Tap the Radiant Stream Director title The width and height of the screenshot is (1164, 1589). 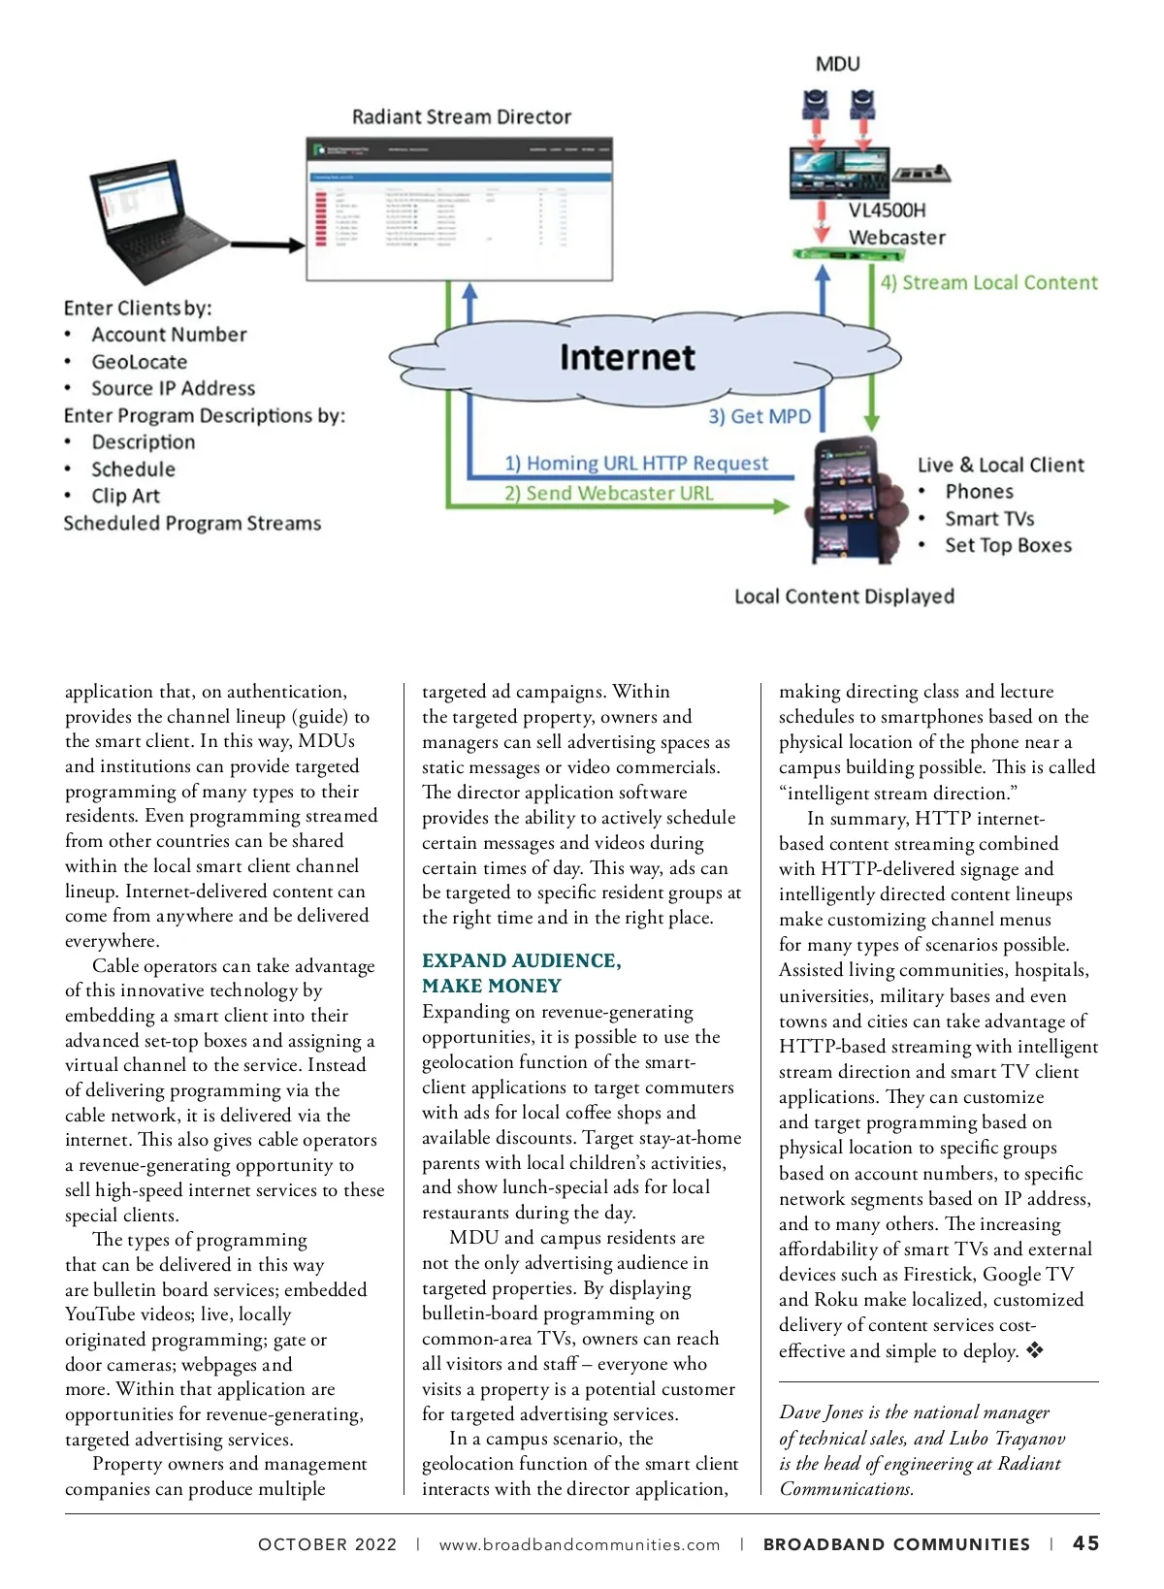(461, 117)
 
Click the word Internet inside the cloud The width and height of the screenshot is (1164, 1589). (627, 358)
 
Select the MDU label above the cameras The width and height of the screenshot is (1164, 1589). (837, 64)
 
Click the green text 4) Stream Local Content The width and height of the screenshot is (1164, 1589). (988, 283)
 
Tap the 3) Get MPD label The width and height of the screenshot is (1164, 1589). (759, 417)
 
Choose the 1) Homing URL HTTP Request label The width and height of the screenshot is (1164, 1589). (635, 464)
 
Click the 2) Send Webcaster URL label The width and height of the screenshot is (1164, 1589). (608, 494)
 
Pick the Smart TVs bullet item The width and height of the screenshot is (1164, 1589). (989, 519)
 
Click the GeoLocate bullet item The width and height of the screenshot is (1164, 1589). (139, 362)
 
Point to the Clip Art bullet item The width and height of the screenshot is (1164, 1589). (125, 496)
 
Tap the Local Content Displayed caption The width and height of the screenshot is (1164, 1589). (844, 597)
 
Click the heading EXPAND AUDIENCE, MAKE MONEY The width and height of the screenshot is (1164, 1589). (521, 973)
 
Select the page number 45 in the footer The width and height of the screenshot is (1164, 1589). (1085, 1543)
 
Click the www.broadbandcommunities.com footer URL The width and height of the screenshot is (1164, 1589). (579, 1544)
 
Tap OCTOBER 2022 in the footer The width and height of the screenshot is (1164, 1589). (327, 1544)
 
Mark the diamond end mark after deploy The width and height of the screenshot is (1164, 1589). (1035, 1350)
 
